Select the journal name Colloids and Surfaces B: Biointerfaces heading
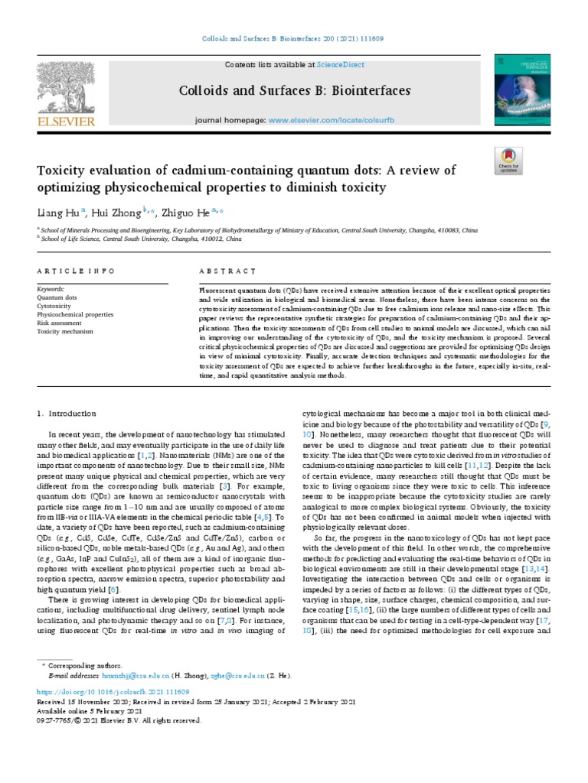[x=294, y=90]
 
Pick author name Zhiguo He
[x=187, y=212]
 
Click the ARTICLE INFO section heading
[x=77, y=271]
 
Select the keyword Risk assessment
[x=60, y=323]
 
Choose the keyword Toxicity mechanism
[x=65, y=331]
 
